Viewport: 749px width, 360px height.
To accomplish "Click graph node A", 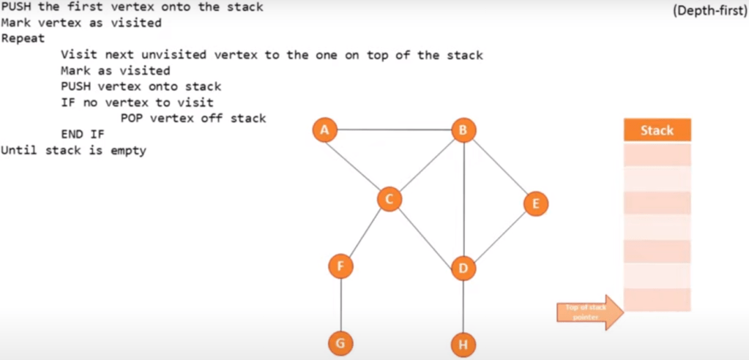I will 324,130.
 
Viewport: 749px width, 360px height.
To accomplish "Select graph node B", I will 463,130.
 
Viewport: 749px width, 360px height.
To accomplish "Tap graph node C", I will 390,199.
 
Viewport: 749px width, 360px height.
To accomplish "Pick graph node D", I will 463,268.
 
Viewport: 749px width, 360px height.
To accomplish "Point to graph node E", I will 535,203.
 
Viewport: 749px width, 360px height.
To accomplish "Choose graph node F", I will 340,266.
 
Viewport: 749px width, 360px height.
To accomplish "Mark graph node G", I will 340,342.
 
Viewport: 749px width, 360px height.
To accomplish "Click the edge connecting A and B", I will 394,130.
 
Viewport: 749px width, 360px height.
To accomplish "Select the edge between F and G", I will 340,304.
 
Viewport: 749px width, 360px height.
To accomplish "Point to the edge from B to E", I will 499,167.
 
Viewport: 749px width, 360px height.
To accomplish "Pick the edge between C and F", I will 365,233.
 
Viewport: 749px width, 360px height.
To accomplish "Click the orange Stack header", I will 657,130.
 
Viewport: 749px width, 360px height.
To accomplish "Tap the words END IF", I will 83,134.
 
